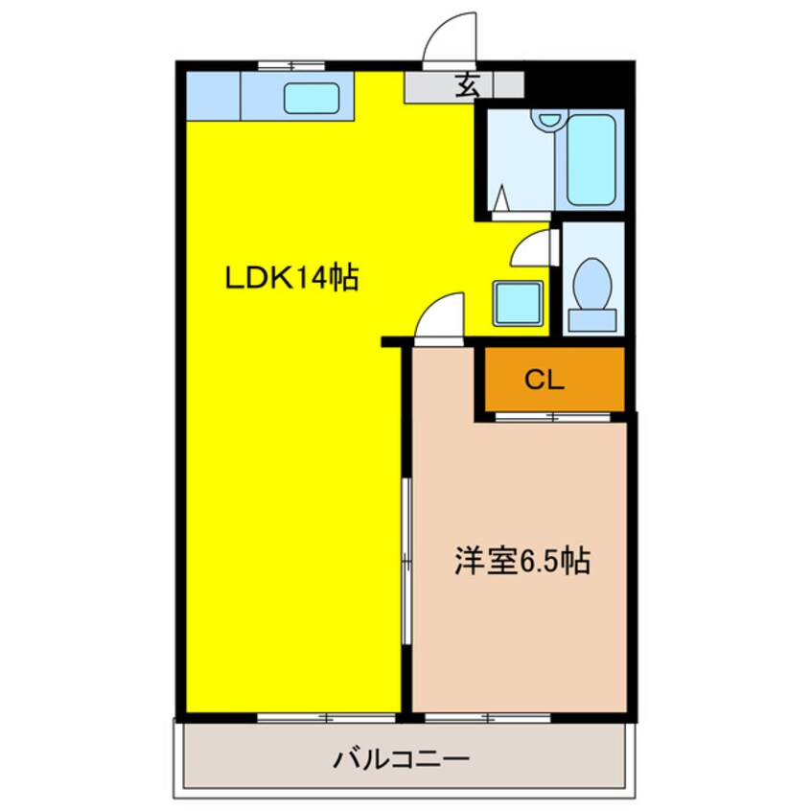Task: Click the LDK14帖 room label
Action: click(x=291, y=279)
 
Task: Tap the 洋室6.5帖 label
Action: click(x=521, y=560)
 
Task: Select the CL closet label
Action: click(x=545, y=380)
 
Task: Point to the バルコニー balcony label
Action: click(x=402, y=760)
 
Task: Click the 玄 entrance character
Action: click(x=466, y=85)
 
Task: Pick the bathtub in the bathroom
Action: click(x=591, y=159)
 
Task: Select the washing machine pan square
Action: click(x=517, y=303)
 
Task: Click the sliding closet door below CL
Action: click(x=553, y=417)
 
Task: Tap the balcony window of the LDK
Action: click(x=326, y=716)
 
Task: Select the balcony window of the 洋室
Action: click(x=488, y=716)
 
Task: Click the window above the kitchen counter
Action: click(x=292, y=65)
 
